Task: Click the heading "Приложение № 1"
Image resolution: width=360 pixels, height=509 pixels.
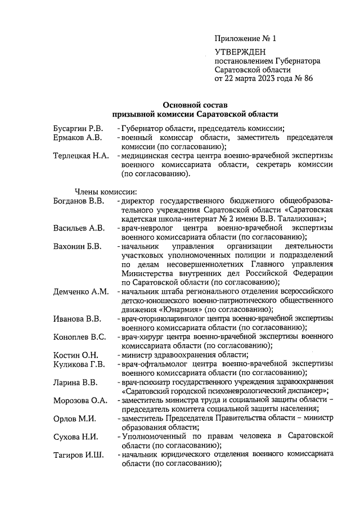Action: [x=246, y=39]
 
